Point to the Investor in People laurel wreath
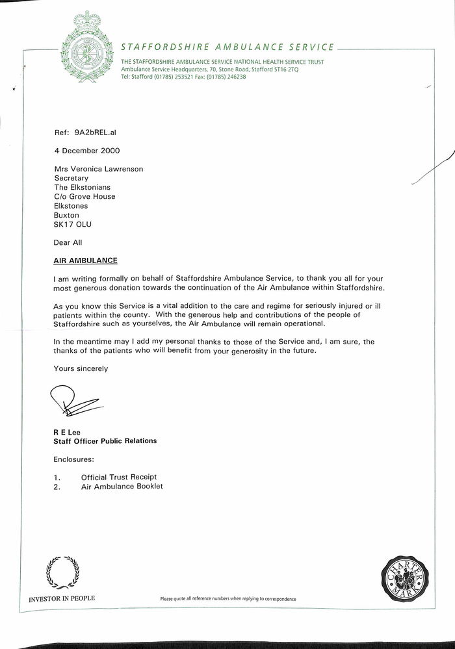point(62,572)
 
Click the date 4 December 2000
point(87,151)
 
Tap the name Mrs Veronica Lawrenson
point(98,169)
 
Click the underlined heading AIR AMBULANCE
point(85,261)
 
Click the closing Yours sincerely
point(81,368)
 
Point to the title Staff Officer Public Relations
point(105,440)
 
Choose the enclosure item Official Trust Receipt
point(119,477)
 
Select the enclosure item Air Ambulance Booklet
point(122,486)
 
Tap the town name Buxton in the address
point(66,215)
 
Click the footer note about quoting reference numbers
point(228,599)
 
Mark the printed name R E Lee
point(66,431)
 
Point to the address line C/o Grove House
point(84,196)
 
